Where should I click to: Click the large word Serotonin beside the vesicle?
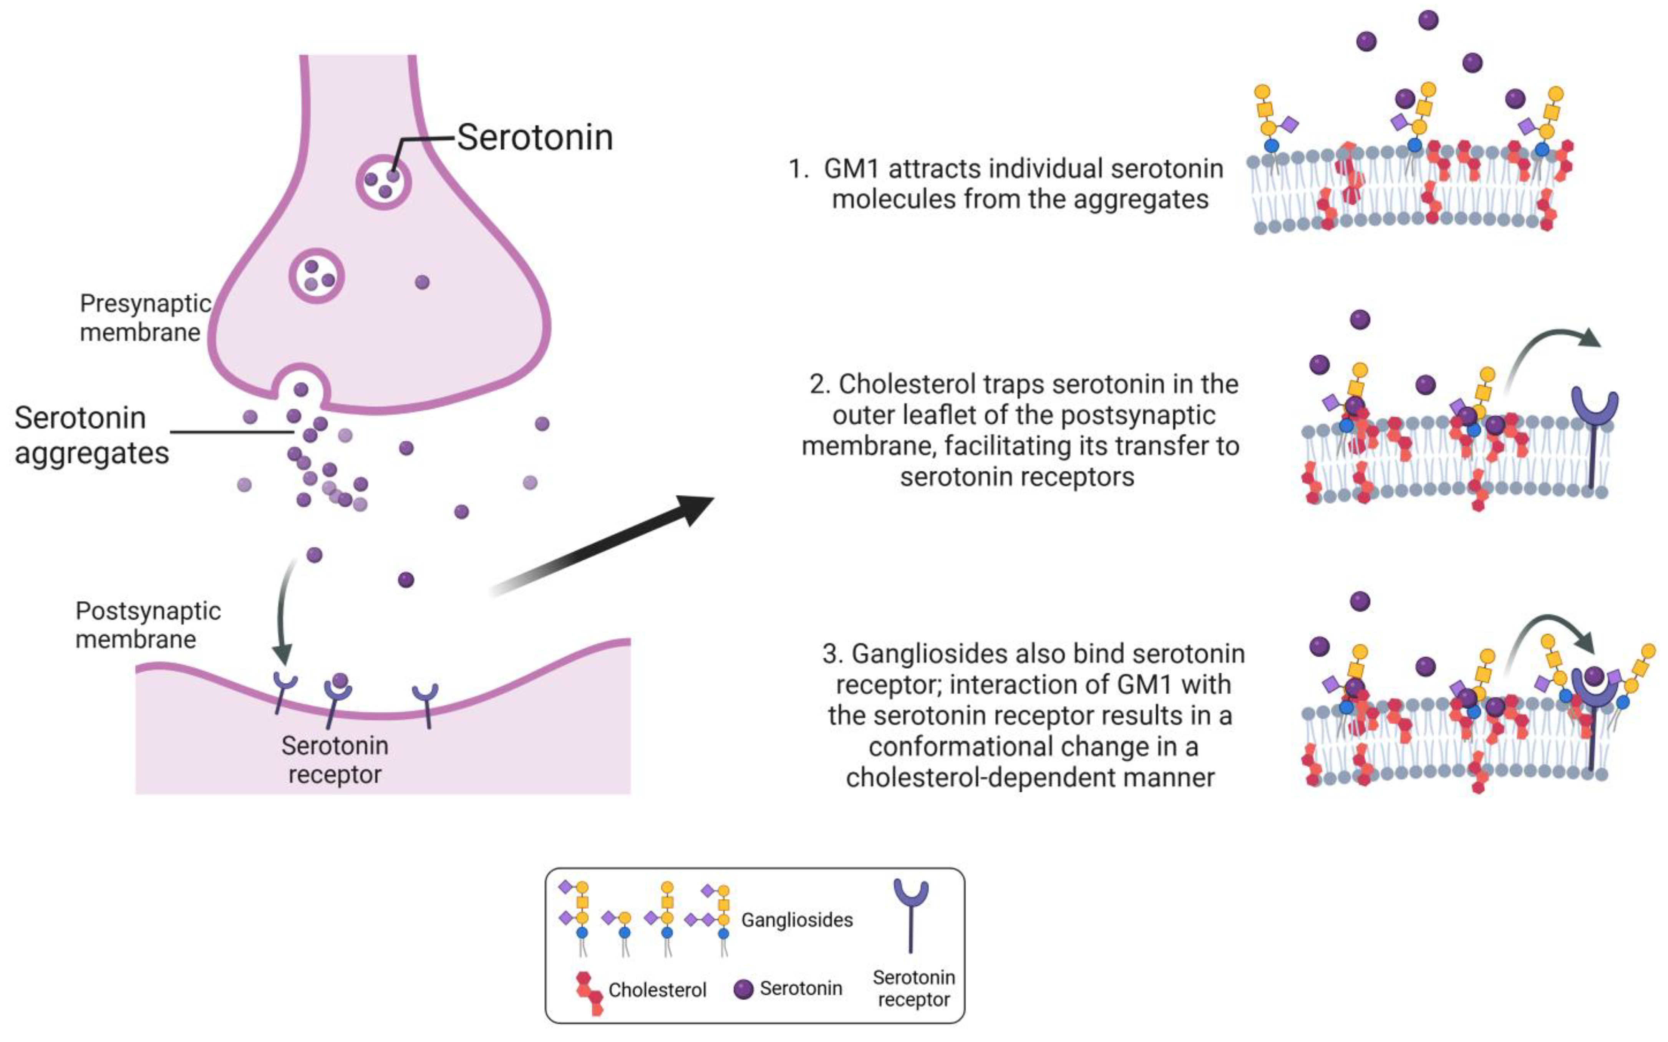(535, 137)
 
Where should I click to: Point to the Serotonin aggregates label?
(92, 436)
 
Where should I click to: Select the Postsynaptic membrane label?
(148, 625)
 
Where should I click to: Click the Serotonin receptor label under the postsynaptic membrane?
(335, 759)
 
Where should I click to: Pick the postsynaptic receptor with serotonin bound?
(338, 697)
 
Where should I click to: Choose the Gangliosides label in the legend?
(797, 919)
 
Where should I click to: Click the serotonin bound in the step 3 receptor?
(1593, 675)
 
